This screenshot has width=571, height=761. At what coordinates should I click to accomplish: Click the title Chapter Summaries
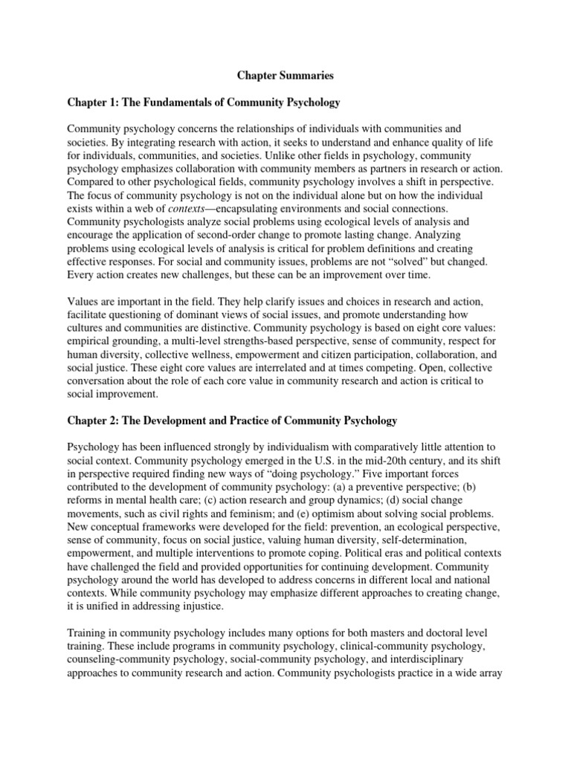[x=285, y=75]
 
